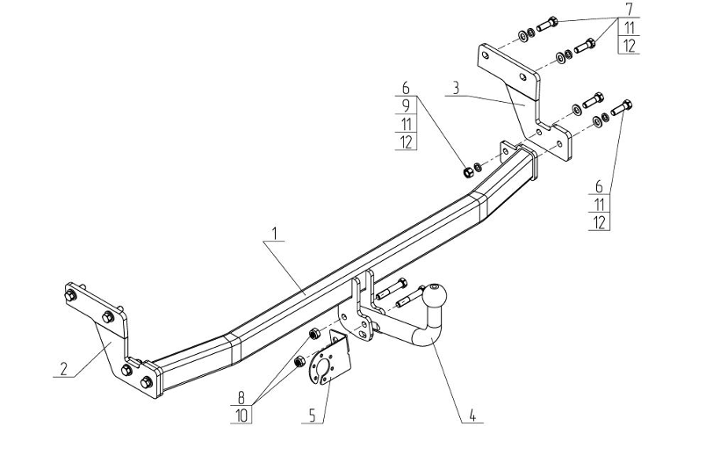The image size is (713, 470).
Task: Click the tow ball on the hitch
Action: [x=436, y=296]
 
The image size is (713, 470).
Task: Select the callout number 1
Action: [x=275, y=233]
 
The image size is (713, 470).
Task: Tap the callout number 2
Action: [x=63, y=369]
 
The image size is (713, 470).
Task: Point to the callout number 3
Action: [x=456, y=88]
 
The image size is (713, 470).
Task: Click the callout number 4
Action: [x=472, y=415]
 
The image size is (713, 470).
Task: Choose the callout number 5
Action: [x=313, y=416]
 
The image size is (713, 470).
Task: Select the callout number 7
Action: [x=629, y=9]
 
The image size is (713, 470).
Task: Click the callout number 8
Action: [x=241, y=398]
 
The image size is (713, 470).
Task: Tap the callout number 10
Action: [x=241, y=416]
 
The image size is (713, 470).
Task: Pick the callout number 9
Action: [x=406, y=105]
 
